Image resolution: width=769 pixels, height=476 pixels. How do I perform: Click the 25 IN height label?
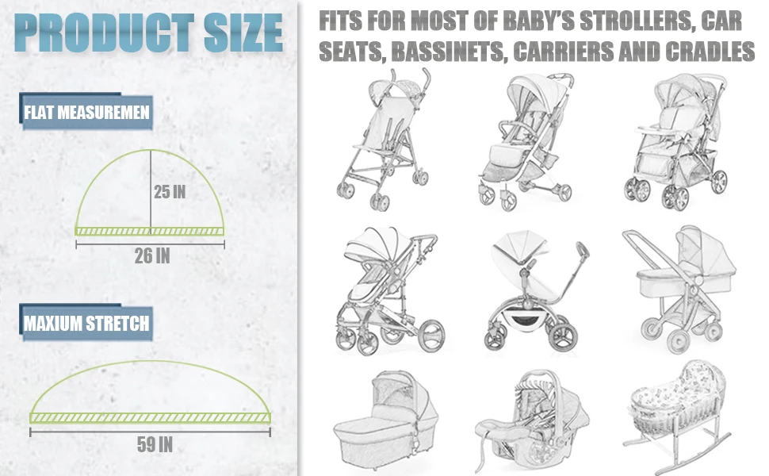(171, 191)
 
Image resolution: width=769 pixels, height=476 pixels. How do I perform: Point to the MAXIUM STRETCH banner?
(86, 324)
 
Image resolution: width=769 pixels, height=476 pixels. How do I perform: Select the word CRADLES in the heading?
(710, 52)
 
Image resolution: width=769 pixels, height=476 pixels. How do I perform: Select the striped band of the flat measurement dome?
(150, 230)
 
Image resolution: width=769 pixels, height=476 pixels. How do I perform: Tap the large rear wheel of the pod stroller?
(561, 334)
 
